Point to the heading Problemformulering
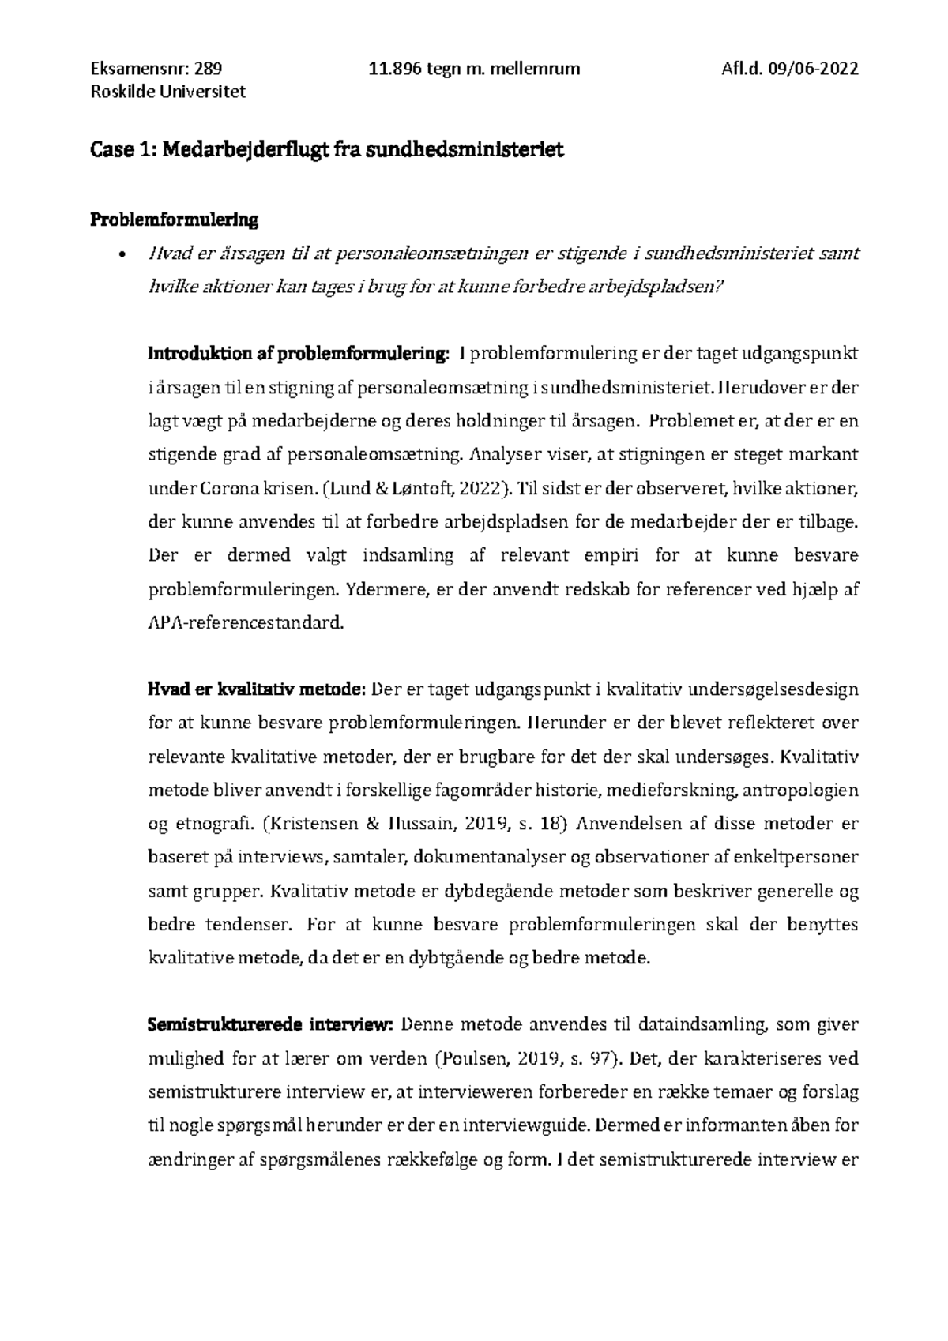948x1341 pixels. click(173, 220)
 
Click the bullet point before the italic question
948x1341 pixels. click(120, 255)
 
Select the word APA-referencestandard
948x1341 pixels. click(246, 623)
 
